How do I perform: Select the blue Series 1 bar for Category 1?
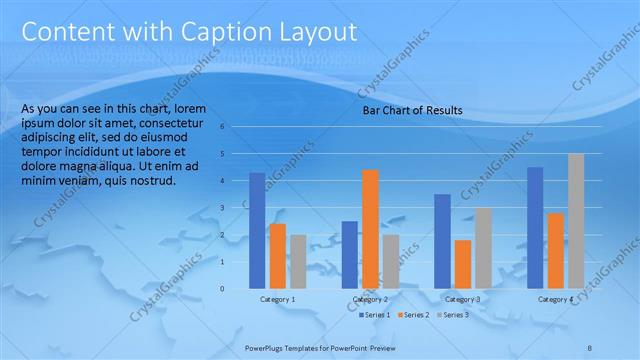click(x=257, y=231)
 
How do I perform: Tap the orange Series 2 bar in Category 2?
click(x=370, y=229)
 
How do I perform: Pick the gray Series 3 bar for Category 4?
click(x=576, y=221)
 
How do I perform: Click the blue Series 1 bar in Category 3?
click(x=442, y=241)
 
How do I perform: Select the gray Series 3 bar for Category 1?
click(x=298, y=262)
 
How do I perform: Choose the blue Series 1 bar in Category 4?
click(x=535, y=228)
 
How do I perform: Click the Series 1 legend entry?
click(x=375, y=315)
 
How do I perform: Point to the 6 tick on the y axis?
click(x=236, y=127)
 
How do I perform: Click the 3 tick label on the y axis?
click(x=236, y=208)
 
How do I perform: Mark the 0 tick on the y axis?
click(x=236, y=289)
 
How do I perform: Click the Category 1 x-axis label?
click(x=277, y=299)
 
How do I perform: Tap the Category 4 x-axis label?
click(x=555, y=299)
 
